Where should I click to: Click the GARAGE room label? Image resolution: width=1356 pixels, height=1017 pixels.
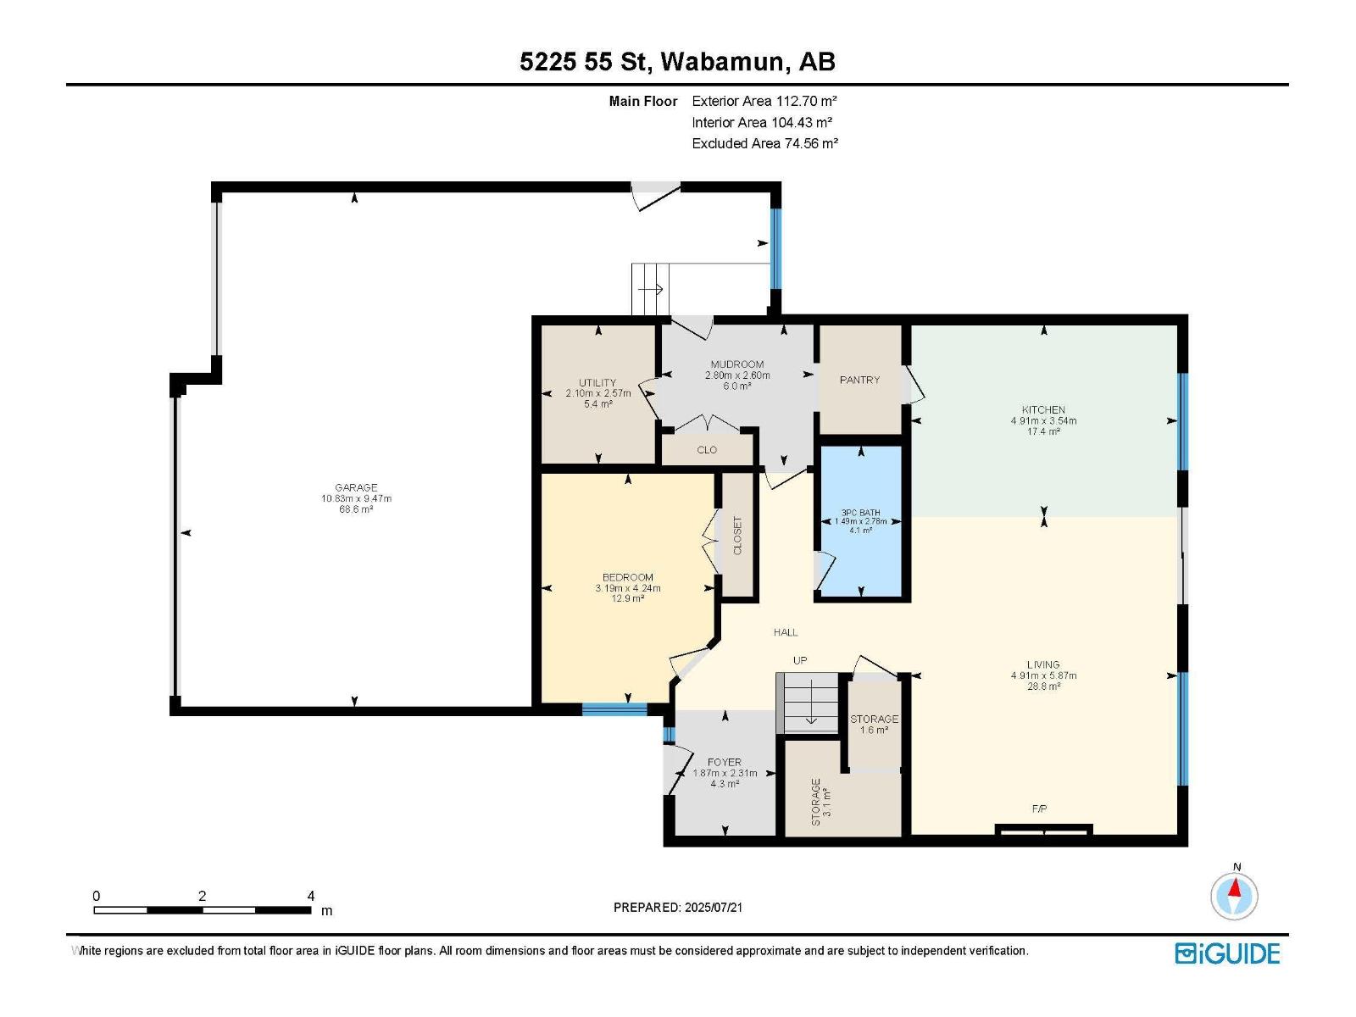(x=356, y=487)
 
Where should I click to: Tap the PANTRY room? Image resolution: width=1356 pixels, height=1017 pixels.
(x=859, y=380)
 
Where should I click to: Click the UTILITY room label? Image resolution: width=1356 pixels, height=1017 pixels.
(x=597, y=383)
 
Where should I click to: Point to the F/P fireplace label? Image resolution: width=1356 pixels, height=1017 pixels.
(x=1039, y=809)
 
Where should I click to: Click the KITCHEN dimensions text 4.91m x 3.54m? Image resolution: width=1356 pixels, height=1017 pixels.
(x=1043, y=420)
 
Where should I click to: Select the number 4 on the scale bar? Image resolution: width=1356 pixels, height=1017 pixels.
(x=311, y=896)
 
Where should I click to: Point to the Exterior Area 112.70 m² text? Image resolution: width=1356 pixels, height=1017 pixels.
(x=764, y=101)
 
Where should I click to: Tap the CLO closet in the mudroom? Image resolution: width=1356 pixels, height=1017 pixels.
(x=707, y=450)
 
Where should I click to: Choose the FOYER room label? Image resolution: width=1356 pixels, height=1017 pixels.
(x=725, y=762)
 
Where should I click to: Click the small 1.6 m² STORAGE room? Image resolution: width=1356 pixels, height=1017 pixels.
(x=874, y=724)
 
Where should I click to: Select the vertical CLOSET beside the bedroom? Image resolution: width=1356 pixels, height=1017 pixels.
(x=737, y=536)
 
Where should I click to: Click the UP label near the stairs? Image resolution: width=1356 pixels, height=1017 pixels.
(x=799, y=660)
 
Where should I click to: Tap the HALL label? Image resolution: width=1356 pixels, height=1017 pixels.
(x=786, y=632)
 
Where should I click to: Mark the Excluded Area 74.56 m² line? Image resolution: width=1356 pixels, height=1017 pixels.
(x=764, y=143)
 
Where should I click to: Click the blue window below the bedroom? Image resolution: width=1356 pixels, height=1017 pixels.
(x=614, y=709)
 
